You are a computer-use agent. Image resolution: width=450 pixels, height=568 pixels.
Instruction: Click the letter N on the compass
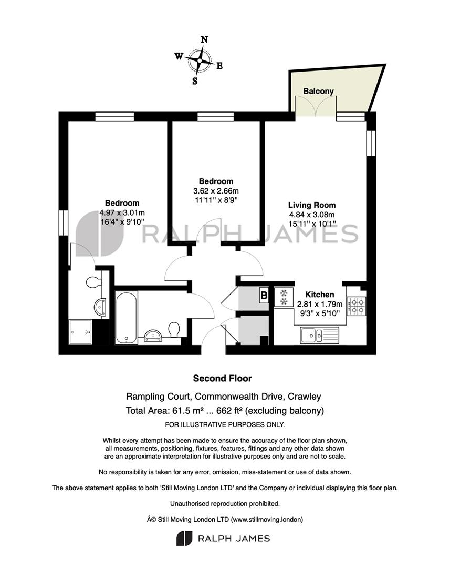pos(204,39)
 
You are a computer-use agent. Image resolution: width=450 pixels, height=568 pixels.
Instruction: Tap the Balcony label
pos(318,91)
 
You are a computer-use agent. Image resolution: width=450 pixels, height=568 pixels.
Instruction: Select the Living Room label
pos(312,205)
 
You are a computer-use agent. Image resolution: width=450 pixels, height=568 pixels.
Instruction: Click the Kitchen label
pos(320,295)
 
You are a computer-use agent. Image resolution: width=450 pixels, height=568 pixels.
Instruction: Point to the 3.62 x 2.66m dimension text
pos(216,190)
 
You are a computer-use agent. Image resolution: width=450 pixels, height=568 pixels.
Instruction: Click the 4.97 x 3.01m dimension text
pos(122,212)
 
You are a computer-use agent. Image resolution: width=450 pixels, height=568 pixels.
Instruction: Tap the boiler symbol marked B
pos(264,295)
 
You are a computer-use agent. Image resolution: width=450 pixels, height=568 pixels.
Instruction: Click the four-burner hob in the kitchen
pos(357,306)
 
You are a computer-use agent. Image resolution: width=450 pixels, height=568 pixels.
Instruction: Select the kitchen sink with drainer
pos(319,334)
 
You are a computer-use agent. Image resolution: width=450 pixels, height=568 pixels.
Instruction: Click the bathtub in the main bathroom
pos(126,318)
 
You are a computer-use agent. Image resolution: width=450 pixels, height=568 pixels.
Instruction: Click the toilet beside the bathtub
pos(174,330)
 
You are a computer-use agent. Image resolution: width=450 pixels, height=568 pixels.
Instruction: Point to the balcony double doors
pos(316,106)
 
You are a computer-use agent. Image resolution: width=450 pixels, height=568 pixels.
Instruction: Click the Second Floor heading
pos(222,378)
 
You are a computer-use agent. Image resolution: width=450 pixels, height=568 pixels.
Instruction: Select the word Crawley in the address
pos(304,397)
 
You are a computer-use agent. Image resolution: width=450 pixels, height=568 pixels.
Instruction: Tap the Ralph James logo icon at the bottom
pos(184,539)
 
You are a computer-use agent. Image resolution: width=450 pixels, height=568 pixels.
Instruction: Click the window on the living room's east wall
pos(371,143)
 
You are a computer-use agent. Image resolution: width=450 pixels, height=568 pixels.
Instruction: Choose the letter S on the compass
pos(195,81)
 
